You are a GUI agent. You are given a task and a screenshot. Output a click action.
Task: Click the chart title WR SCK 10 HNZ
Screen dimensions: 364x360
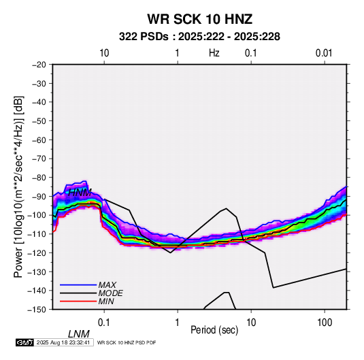point(199,19)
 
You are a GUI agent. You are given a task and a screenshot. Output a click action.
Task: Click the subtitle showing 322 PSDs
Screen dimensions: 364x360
point(199,37)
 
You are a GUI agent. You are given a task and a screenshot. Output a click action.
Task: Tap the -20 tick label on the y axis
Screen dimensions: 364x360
point(39,65)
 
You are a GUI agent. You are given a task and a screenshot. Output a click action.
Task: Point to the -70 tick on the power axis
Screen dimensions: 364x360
point(39,159)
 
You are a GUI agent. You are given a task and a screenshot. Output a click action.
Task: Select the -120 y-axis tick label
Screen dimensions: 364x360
point(37,252)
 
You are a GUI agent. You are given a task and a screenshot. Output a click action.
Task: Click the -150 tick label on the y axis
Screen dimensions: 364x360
point(37,310)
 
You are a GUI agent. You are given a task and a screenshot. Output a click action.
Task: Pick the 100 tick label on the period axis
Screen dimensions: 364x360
point(325,323)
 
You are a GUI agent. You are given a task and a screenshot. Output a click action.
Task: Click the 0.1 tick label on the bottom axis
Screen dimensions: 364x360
point(104,323)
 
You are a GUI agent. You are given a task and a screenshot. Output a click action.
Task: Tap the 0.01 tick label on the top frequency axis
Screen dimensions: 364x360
point(324,53)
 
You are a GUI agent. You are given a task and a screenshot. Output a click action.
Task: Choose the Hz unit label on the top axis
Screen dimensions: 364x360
point(214,53)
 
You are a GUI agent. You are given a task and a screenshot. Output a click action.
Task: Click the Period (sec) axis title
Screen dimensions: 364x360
point(214,330)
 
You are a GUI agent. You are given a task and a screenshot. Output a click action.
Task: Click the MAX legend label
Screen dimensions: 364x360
point(107,285)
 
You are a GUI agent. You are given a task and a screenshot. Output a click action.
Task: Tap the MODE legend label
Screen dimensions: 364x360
point(110,293)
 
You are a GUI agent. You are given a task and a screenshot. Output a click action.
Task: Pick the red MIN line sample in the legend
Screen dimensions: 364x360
point(78,301)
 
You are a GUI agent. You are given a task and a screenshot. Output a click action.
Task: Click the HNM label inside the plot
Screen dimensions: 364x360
point(80,193)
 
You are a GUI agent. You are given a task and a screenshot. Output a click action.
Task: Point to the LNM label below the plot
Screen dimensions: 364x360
point(79,334)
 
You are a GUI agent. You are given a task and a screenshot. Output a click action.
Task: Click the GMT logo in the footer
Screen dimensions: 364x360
point(25,342)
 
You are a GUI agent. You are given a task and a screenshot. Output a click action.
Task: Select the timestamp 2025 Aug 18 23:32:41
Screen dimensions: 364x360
point(63,342)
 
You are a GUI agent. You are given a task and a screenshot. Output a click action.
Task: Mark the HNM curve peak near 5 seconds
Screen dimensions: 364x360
point(226,208)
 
